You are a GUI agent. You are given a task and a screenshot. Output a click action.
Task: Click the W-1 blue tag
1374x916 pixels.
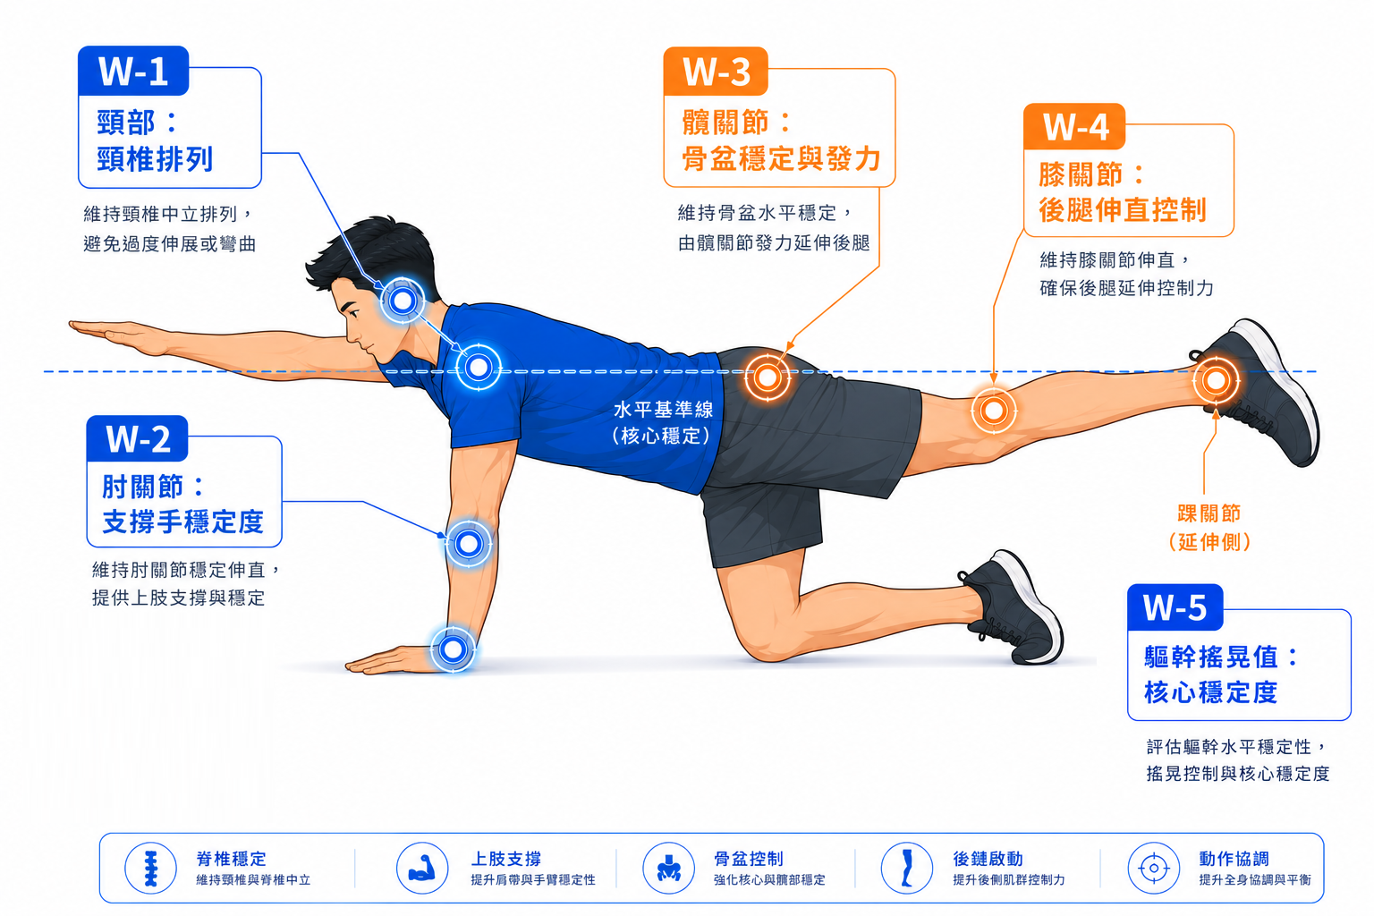point(133,71)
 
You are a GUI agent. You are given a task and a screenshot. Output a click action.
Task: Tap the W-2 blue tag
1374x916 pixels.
point(138,438)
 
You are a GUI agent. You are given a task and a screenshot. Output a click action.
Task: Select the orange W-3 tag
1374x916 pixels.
point(716,72)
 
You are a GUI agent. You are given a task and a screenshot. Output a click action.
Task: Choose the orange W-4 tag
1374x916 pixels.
point(1074,127)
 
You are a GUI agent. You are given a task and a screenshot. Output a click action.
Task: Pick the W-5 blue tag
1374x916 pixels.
point(1175,607)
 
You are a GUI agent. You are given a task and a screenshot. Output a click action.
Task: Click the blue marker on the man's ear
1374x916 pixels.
point(403,301)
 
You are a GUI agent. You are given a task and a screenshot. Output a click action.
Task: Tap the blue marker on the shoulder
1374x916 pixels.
point(479,368)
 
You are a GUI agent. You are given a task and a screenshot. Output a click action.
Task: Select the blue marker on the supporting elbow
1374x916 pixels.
point(469,544)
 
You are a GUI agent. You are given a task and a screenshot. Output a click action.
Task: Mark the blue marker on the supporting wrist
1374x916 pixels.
point(454,649)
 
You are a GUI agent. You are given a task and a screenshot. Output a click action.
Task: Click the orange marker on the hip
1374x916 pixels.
point(768,377)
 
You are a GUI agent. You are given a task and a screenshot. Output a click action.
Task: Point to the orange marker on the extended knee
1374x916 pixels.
point(994,411)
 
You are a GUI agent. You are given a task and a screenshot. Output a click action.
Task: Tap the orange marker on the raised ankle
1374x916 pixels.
point(1216,380)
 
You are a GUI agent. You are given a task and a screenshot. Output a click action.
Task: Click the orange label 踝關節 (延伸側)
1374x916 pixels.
point(1209,528)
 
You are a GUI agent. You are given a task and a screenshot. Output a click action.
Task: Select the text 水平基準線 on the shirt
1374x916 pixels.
point(663,409)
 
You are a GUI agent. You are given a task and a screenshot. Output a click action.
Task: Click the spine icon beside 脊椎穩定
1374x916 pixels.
point(151,869)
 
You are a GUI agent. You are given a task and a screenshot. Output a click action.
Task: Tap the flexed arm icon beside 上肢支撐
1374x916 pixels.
point(422,869)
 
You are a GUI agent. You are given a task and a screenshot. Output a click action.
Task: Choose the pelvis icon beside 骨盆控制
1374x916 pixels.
point(668,869)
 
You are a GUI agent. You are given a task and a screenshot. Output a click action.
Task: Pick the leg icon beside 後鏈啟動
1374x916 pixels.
point(907,868)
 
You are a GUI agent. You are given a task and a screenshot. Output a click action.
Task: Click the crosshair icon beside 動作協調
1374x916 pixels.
point(1154,869)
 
